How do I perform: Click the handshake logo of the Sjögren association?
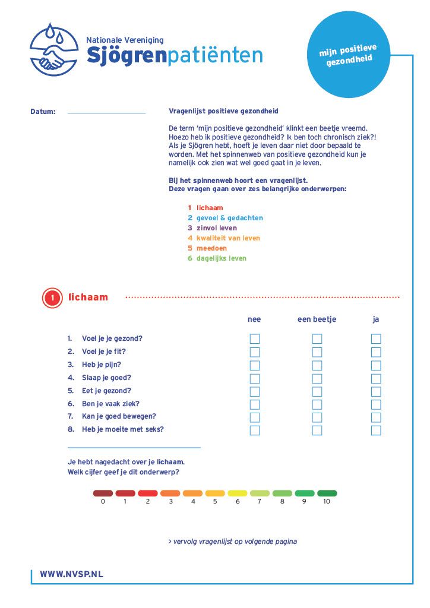pyautogui.click(x=54, y=49)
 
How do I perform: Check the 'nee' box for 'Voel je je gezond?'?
pyautogui.click(x=255, y=339)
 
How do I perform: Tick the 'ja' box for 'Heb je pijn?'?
pyautogui.click(x=376, y=365)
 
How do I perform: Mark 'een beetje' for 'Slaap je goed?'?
pyautogui.click(x=317, y=378)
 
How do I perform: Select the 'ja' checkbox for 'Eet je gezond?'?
pyautogui.click(x=376, y=391)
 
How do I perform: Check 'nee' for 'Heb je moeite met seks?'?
pyautogui.click(x=255, y=430)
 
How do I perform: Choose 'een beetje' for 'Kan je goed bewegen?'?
pyautogui.click(x=317, y=417)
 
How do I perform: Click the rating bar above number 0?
pyautogui.click(x=103, y=493)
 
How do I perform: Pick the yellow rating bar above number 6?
pyautogui.click(x=238, y=493)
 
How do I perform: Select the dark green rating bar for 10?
pyautogui.click(x=327, y=493)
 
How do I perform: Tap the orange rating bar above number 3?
pyautogui.click(x=170, y=493)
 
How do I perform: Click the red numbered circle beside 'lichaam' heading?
pyautogui.click(x=52, y=298)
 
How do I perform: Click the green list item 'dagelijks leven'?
pyautogui.click(x=221, y=258)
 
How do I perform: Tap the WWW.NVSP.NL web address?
pyautogui.click(x=71, y=574)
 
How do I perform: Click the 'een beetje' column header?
pyautogui.click(x=317, y=319)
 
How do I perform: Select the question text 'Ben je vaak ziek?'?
pyautogui.click(x=110, y=404)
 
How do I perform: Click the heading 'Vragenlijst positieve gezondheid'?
pyautogui.click(x=223, y=111)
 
